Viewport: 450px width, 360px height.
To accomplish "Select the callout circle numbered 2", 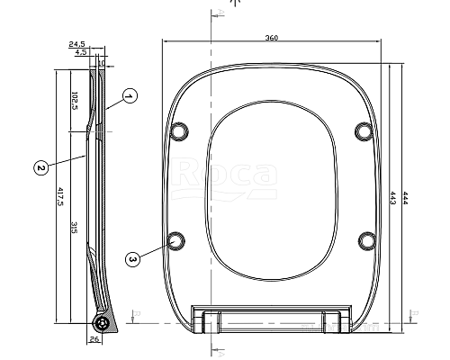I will coord(40,166).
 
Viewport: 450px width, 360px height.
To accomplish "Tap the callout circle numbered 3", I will coord(133,259).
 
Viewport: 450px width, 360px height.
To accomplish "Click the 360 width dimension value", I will coord(272,37).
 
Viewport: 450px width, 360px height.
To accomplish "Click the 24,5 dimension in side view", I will coord(76,43).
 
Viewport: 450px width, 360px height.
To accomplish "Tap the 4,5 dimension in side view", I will coord(81,52).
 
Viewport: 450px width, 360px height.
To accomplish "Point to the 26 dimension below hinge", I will coord(94,339).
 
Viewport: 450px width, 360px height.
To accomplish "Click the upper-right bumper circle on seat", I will coord(364,130).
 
